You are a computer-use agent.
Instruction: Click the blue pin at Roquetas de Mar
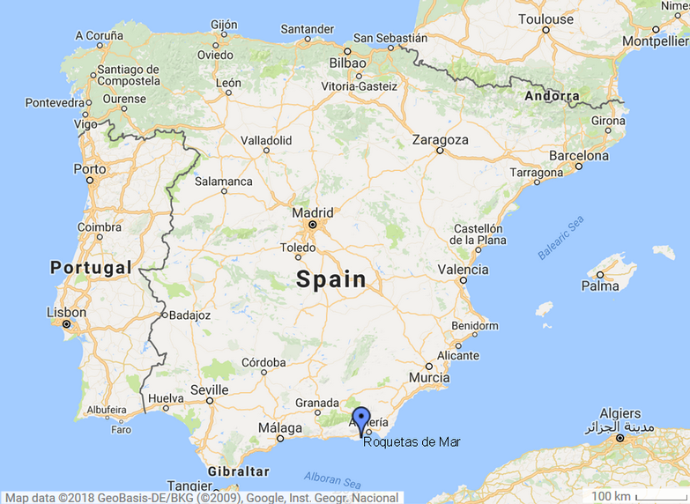click(x=360, y=419)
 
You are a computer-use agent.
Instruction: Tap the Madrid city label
click(x=313, y=212)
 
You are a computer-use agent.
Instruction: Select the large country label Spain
click(x=330, y=280)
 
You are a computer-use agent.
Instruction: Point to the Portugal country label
click(x=91, y=267)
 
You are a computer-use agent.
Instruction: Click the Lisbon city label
click(x=66, y=312)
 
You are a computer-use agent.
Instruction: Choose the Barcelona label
click(x=579, y=155)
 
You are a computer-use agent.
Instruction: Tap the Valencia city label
click(x=463, y=270)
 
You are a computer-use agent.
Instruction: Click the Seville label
click(x=210, y=389)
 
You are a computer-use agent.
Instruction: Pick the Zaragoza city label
click(x=440, y=139)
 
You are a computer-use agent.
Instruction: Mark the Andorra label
click(x=552, y=95)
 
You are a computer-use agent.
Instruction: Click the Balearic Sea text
click(x=560, y=239)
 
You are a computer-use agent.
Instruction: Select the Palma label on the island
click(x=600, y=285)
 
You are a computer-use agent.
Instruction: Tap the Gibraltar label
click(x=239, y=471)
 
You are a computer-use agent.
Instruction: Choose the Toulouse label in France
click(x=546, y=19)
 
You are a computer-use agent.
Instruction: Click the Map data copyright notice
click(x=202, y=497)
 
